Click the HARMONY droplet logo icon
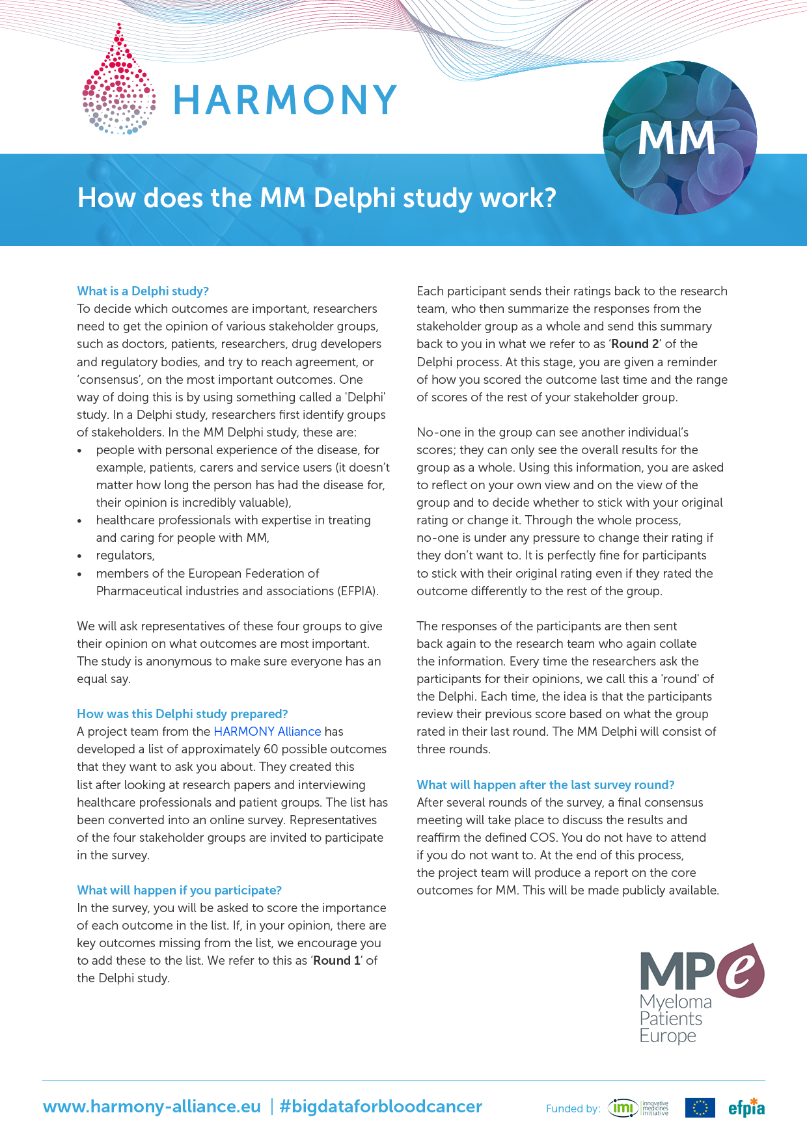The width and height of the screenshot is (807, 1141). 118,81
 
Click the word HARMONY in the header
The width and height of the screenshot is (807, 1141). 284,100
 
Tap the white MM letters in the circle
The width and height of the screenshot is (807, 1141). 676,139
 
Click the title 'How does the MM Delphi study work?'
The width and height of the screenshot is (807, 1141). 316,198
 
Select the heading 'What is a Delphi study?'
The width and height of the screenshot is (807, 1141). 143,291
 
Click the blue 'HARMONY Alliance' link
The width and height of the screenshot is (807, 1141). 267,731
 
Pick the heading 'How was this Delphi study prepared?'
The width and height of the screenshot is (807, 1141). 182,714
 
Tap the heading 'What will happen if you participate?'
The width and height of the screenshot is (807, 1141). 179,890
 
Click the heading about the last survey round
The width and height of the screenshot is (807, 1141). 545,785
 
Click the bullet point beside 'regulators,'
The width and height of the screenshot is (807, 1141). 79,556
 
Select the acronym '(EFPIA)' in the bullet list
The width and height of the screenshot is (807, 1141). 357,591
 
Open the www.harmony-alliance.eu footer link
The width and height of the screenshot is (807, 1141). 152,1107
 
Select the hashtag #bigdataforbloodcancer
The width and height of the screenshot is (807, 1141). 381,1107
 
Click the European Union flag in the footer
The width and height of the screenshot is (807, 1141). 700,1108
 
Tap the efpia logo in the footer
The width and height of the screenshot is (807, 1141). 746,1108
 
